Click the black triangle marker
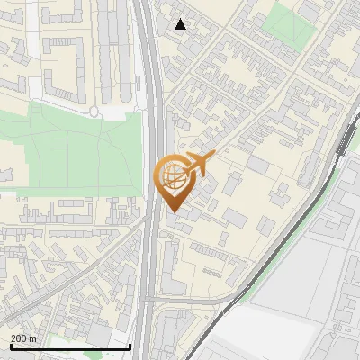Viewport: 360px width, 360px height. click(181, 24)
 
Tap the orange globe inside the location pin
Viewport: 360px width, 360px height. click(172, 175)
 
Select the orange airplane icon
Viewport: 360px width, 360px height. click(200, 163)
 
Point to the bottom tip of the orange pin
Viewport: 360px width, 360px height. click(172, 212)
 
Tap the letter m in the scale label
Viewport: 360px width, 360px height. click(33, 338)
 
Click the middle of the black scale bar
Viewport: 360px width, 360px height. click(70, 346)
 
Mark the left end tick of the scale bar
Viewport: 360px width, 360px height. click(10, 346)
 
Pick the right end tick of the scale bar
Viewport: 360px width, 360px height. click(130, 346)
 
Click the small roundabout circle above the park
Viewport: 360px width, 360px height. click(94, 112)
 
